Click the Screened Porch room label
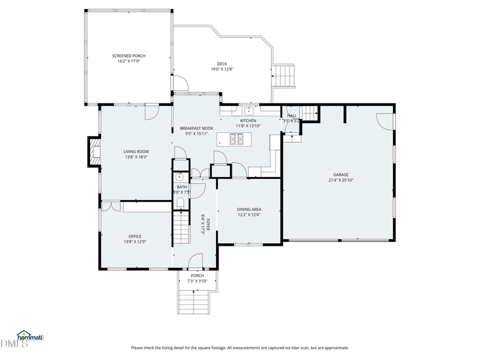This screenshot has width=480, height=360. tap(129, 55)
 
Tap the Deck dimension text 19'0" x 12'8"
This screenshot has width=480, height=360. tap(222, 69)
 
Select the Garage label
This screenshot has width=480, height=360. tap(341, 174)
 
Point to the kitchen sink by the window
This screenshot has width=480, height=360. tap(249, 111)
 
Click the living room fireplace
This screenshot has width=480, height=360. tap(95, 152)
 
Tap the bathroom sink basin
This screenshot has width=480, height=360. tap(179, 177)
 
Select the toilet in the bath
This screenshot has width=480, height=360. tap(180, 203)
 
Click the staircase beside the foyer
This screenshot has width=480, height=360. tap(182, 226)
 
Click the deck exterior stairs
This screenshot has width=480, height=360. tap(284, 76)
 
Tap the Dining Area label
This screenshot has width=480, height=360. tap(249, 210)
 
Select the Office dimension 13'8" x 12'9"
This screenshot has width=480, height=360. tap(135, 242)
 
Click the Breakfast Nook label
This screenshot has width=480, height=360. tap(196, 128)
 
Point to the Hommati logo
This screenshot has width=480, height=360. tap(30, 336)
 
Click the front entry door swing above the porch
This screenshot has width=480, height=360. tap(195, 261)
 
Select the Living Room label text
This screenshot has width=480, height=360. tap(135, 151)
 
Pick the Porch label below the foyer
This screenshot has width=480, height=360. tap(197, 276)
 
